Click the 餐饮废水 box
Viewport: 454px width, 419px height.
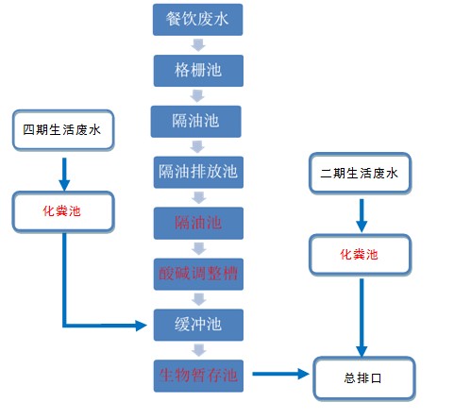tap(197, 19)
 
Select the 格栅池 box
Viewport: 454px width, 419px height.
tap(197, 71)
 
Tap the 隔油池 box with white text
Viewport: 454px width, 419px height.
tap(197, 121)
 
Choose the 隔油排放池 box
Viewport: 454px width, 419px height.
tap(197, 173)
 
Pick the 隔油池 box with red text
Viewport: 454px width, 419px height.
tap(197, 224)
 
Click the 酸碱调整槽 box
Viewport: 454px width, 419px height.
tap(197, 275)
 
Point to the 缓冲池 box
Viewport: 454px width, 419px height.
tap(197, 326)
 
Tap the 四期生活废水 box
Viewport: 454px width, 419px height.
tap(61, 130)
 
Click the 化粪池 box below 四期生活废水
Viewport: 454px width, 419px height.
tap(61, 210)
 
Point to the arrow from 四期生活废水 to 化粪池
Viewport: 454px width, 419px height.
tap(62, 171)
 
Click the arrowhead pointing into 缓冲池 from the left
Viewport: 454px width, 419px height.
tap(143, 327)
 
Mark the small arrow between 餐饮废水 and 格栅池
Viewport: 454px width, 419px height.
tap(197, 45)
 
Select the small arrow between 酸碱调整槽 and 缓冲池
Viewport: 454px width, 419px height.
tap(197, 300)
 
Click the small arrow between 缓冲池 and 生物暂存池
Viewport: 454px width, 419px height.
tap(197, 350)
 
